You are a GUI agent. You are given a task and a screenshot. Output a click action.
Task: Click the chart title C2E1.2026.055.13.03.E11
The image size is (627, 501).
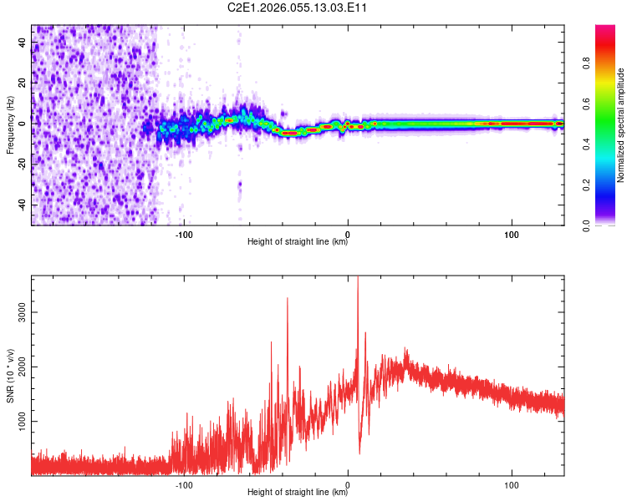pyautogui.click(x=298, y=8)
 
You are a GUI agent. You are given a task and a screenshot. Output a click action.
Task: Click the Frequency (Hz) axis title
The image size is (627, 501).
pyautogui.click(x=10, y=124)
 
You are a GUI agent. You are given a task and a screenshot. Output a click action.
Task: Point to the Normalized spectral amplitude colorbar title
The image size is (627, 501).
pyautogui.click(x=621, y=125)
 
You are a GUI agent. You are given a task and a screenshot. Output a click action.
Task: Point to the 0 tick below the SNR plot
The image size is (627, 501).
pyautogui.click(x=348, y=483)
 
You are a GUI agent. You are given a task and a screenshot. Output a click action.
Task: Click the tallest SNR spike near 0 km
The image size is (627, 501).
pyautogui.click(x=358, y=281)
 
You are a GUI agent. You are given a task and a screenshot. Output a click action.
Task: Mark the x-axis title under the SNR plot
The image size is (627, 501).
pyautogui.click(x=298, y=493)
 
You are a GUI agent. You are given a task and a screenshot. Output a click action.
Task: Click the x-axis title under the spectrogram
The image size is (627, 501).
pyautogui.click(x=298, y=243)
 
